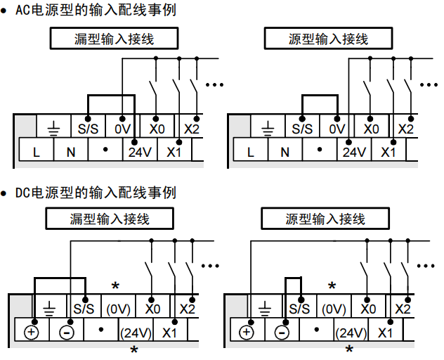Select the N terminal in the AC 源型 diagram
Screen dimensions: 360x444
click(x=285, y=151)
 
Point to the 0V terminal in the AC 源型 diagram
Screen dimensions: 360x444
click(x=338, y=129)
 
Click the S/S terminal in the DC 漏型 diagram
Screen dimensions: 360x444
click(x=84, y=309)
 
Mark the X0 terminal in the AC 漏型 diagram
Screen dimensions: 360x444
click(x=157, y=129)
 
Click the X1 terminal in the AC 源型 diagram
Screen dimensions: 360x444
click(x=388, y=151)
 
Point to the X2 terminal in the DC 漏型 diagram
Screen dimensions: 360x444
click(x=187, y=309)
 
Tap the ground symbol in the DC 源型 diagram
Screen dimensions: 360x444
click(x=265, y=308)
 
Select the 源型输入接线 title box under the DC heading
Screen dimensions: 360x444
click(x=325, y=219)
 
